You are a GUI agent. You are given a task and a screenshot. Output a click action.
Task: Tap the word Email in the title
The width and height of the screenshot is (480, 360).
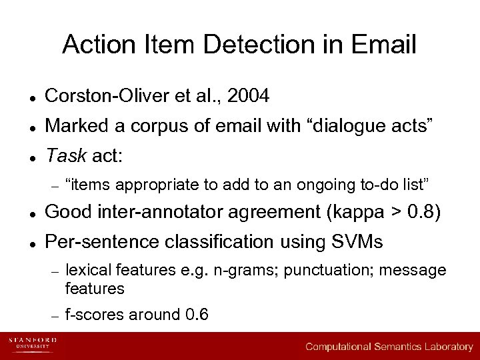coord(385,45)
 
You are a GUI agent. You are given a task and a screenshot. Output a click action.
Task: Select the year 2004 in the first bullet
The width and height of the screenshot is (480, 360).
coord(248,97)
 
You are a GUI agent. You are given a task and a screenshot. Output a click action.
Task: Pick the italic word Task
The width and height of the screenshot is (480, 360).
coord(65,156)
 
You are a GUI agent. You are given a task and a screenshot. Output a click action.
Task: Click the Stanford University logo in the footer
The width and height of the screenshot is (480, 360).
coord(32,343)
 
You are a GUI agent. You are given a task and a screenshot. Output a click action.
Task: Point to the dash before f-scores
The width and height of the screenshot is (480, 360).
coord(56,315)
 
